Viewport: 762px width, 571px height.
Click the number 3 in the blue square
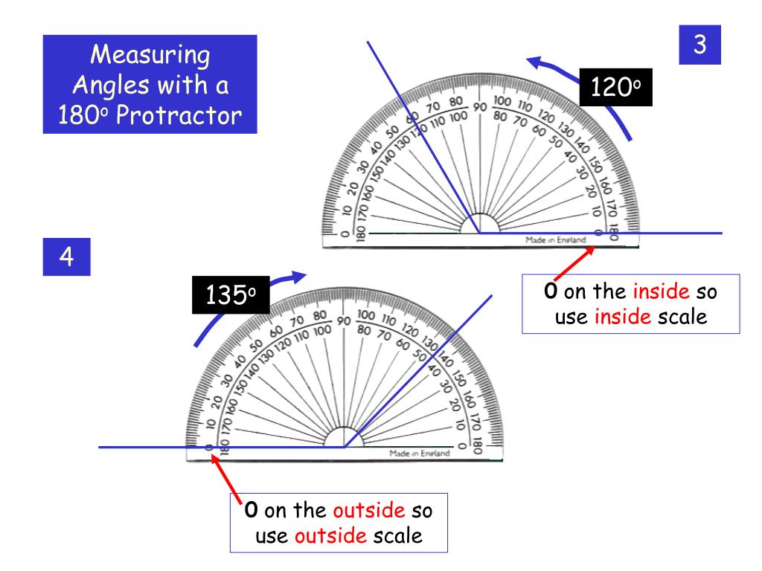coord(699,44)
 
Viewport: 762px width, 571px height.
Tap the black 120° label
coord(615,88)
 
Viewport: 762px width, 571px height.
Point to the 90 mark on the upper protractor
coord(480,107)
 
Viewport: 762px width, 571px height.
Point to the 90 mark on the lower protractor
coord(343,321)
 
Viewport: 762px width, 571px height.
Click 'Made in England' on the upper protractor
coord(555,239)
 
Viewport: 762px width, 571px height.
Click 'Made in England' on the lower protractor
coord(419,454)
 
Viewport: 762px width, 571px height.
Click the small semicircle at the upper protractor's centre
coord(480,224)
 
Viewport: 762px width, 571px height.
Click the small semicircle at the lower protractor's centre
coord(343,438)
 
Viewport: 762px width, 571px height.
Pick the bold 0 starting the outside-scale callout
coord(253,512)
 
